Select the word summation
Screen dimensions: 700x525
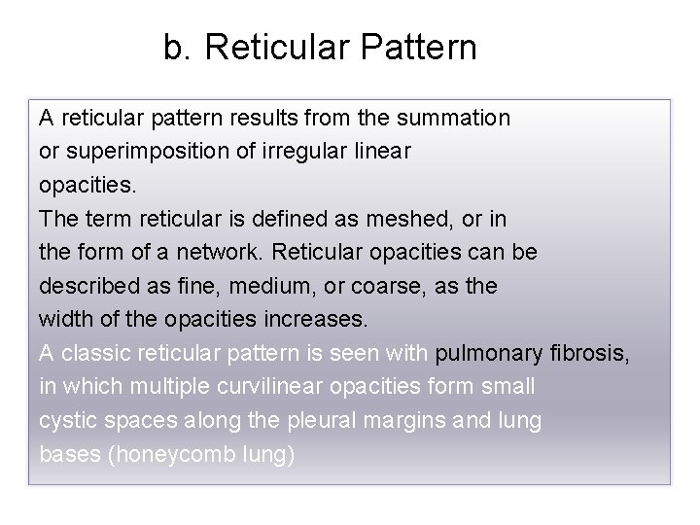tap(457, 119)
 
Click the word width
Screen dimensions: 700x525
tap(63, 319)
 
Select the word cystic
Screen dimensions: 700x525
tap(67, 419)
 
